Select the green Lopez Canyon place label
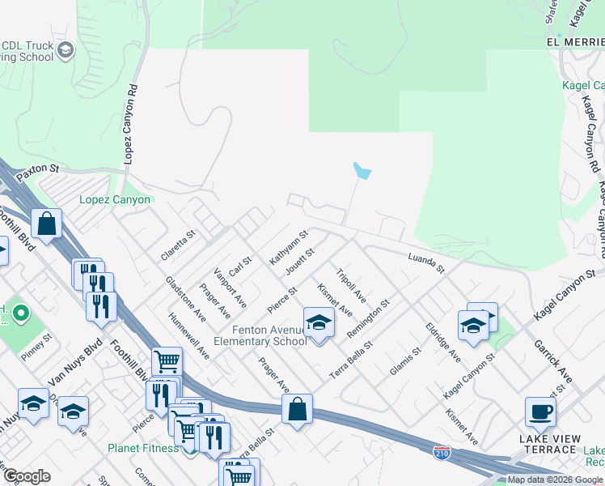pyautogui.click(x=115, y=199)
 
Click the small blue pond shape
pyautogui.click(x=362, y=171)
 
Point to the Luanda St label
pyautogui.click(x=425, y=261)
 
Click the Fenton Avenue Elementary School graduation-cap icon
pyautogui.click(x=319, y=322)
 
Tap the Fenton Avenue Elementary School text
pyautogui.click(x=260, y=335)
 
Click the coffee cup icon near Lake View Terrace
pyautogui.click(x=540, y=411)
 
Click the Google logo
pyautogui.click(x=27, y=475)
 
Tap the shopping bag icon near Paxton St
pyautogui.click(x=47, y=224)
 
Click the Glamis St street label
pyautogui.click(x=405, y=360)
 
